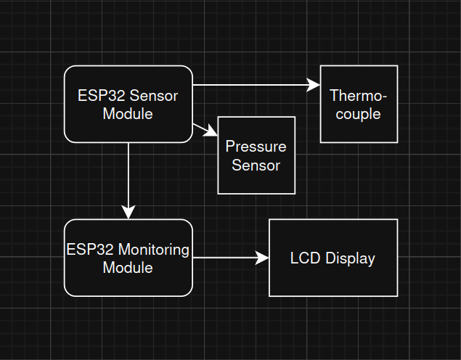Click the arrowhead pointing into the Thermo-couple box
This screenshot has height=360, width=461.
click(314, 85)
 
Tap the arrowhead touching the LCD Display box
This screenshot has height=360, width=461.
click(262, 258)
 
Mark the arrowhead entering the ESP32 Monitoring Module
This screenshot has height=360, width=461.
click(128, 211)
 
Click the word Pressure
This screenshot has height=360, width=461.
click(256, 147)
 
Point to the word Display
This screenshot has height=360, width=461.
click(350, 258)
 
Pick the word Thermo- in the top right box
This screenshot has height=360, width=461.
click(359, 96)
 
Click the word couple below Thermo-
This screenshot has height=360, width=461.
click(359, 114)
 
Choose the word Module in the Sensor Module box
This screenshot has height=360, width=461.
click(128, 113)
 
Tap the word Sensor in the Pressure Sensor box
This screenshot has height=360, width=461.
click(256, 165)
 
